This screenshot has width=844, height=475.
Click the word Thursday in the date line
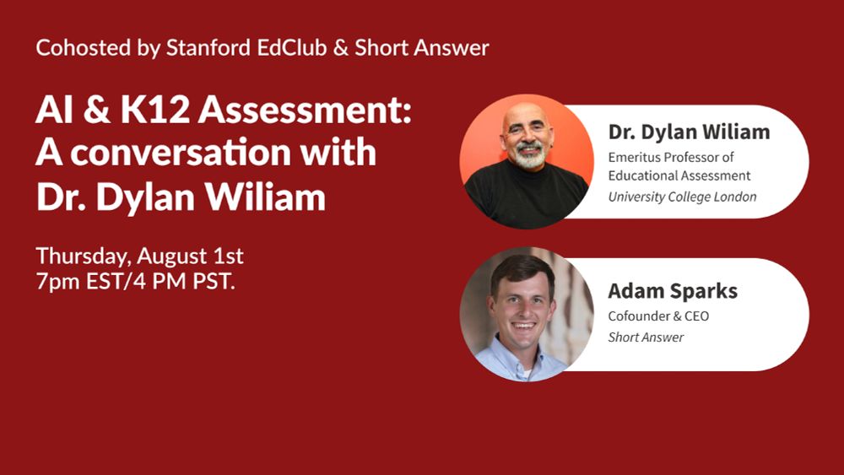click(x=80, y=255)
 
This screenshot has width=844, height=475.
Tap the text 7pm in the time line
click(x=54, y=282)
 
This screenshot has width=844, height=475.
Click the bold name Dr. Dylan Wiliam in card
click(x=688, y=132)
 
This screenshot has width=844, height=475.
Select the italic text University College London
click(x=682, y=197)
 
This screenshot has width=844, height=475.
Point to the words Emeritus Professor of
click(x=671, y=157)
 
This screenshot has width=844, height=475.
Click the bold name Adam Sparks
click(x=672, y=292)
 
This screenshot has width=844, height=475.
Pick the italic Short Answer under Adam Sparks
click(x=646, y=337)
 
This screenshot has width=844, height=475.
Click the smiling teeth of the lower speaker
click(x=523, y=324)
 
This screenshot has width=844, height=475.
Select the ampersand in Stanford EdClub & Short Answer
click(x=341, y=48)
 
